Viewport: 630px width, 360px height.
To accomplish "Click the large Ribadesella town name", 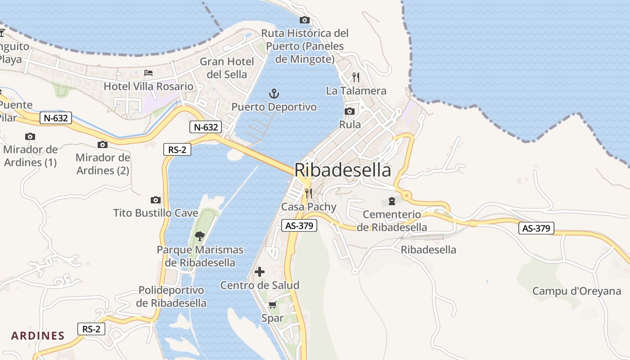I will tap(343, 171).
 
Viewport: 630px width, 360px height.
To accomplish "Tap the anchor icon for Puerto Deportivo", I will tap(274, 94).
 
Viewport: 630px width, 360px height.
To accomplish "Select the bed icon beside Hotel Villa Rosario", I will tap(148, 72).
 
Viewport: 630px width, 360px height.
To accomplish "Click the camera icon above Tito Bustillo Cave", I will tap(156, 200).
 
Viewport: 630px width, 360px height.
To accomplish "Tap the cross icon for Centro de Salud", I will tap(260, 272).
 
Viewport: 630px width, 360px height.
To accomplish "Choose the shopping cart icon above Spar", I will tap(272, 305).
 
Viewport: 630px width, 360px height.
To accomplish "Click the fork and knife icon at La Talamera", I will tap(356, 77).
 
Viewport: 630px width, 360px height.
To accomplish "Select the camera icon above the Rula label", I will tap(350, 111).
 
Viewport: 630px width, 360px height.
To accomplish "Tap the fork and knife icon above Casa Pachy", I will tap(309, 193).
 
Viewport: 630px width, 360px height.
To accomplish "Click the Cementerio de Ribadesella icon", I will tap(391, 201).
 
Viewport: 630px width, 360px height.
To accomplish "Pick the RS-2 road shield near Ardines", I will tap(91, 329).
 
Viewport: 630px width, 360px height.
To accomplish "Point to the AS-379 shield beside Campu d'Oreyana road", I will tap(536, 228).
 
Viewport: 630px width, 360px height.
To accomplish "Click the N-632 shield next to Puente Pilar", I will tap(56, 118).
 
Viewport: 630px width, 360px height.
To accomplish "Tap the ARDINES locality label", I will tap(38, 336).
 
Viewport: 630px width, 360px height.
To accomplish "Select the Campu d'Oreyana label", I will tap(576, 291).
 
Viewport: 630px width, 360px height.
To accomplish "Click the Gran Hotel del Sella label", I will tap(227, 67).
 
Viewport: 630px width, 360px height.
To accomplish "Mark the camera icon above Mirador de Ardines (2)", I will tap(103, 144).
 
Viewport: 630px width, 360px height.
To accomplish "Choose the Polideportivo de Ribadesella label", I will tap(171, 297).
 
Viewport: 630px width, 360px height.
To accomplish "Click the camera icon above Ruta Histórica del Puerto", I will tap(305, 20).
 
